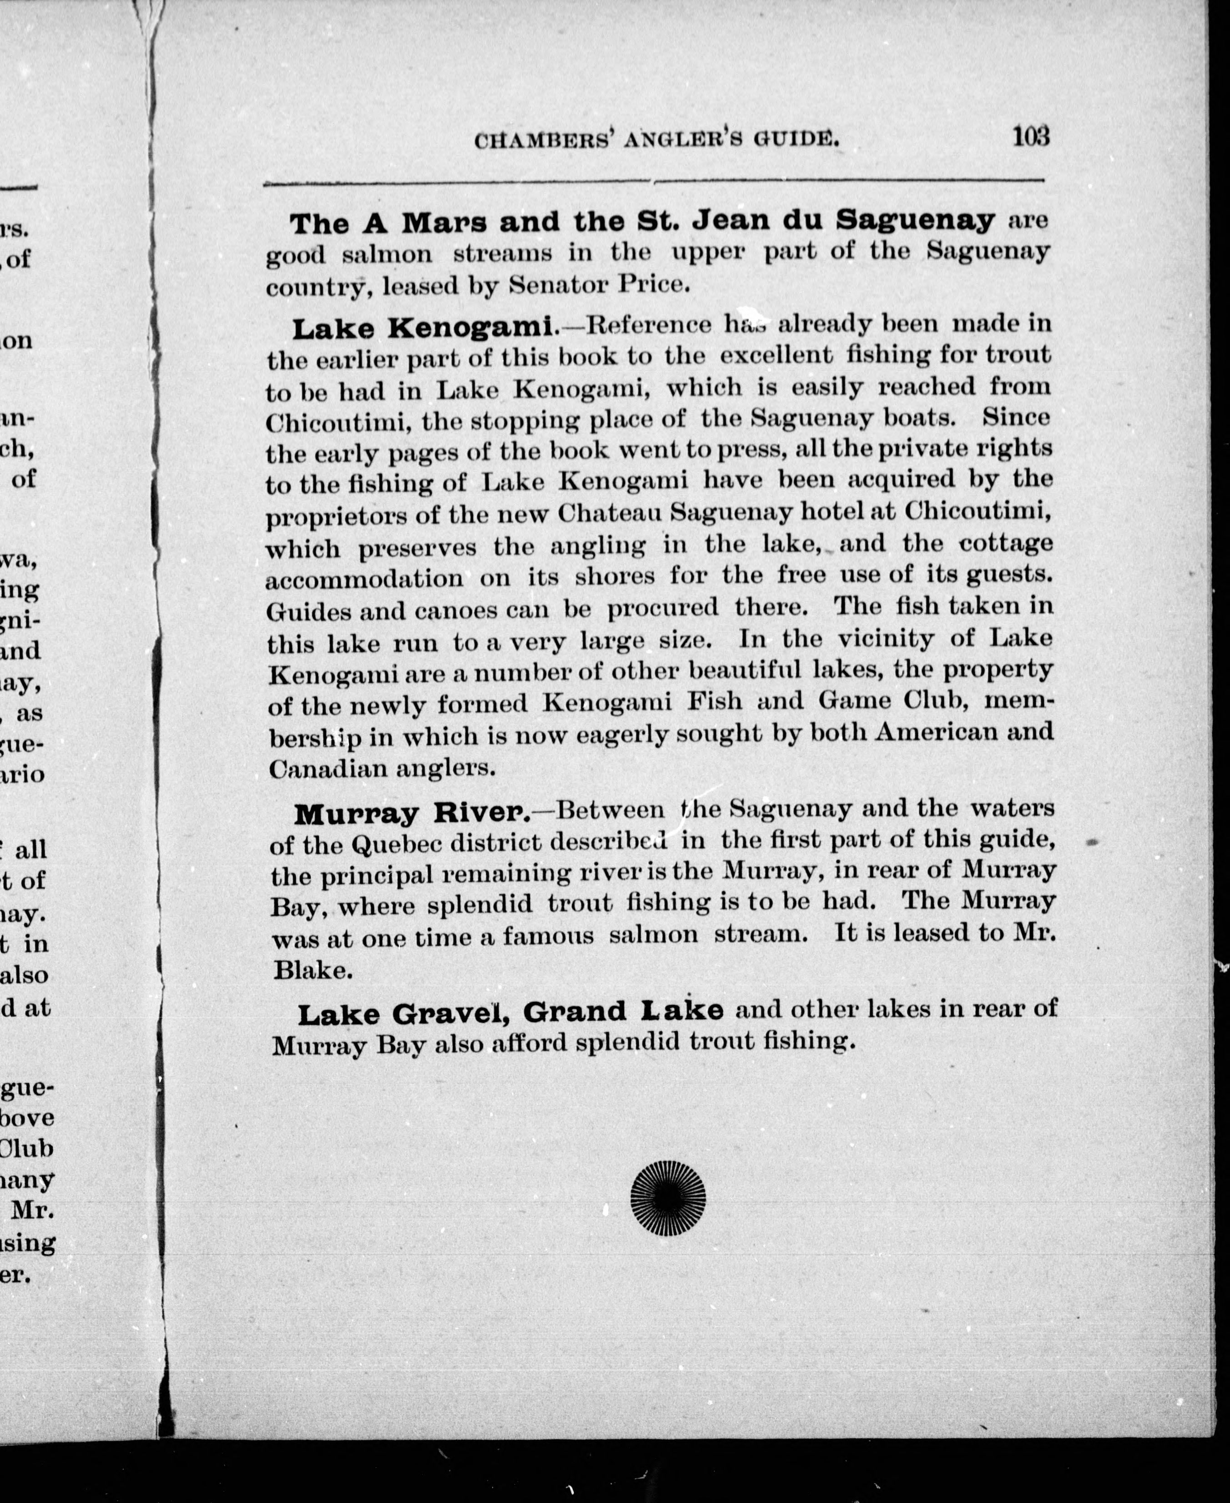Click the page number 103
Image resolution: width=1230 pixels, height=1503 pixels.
(1030, 136)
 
